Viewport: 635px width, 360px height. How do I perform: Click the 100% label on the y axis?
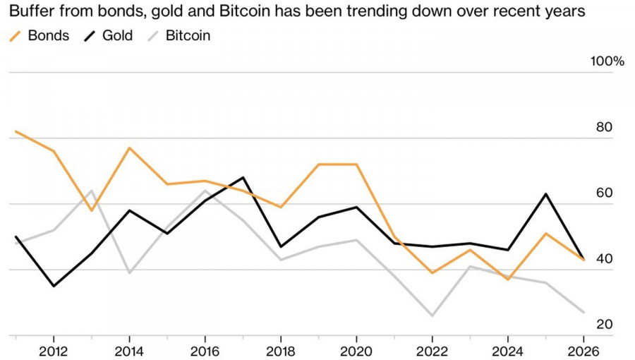(607, 61)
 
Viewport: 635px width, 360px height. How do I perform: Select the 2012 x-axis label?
(54, 351)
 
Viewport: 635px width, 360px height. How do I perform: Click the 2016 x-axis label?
(205, 351)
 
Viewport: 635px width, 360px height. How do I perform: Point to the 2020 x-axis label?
(356, 351)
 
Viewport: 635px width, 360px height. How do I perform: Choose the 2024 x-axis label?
(507, 351)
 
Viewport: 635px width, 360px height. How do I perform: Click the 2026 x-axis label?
(583, 351)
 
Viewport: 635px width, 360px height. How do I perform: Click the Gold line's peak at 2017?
(243, 177)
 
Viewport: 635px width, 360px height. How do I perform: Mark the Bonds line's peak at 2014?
(129, 148)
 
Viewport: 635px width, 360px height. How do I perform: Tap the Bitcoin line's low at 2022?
(432, 316)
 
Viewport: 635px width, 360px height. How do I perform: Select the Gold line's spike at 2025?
(545, 193)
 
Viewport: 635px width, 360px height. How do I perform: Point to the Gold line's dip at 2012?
(54, 286)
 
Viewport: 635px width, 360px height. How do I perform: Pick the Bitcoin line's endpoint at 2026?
(583, 312)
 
